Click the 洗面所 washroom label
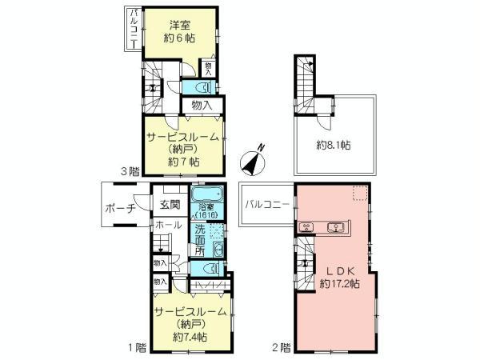tap(198, 238)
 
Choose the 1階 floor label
tap(135, 347)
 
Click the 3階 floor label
tap(131, 170)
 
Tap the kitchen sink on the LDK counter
tap(337, 227)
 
